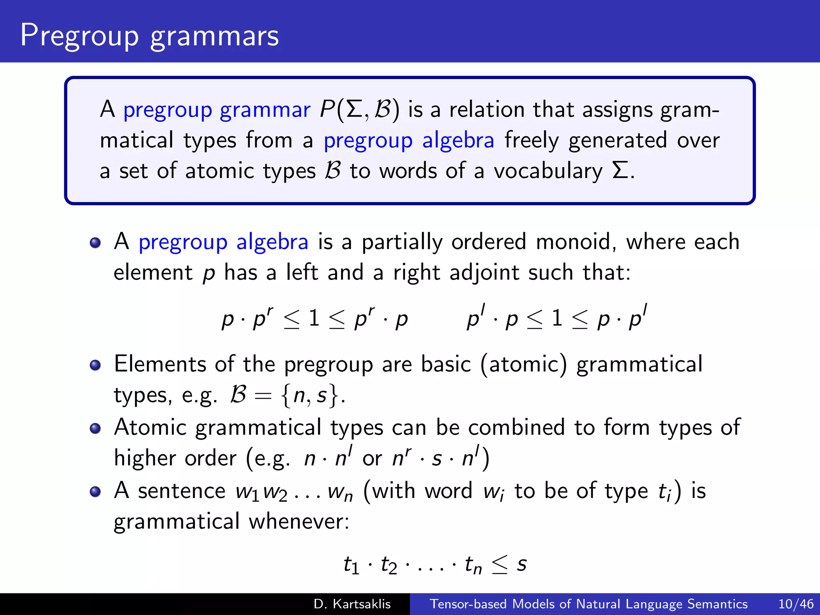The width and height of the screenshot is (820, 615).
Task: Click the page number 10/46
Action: tap(796, 604)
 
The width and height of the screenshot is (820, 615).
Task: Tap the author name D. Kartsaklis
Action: tap(352, 604)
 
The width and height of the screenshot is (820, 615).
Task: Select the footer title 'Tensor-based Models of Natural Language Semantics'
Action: tap(589, 604)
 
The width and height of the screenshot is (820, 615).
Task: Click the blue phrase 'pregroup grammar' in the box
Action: tap(217, 110)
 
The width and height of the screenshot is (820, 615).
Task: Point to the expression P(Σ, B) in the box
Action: tap(360, 110)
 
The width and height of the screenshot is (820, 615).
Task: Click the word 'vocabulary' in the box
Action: tap(548, 171)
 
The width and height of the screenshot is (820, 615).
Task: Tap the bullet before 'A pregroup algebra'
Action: tap(95, 243)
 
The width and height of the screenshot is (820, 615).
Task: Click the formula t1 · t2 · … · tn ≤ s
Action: tap(435, 565)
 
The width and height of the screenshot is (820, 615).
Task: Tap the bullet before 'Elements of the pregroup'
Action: tap(95, 365)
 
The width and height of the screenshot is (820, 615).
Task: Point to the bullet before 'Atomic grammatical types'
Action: tap(95, 428)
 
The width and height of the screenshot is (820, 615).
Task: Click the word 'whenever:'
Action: tap(299, 521)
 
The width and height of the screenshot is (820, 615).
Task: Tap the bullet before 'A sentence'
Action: tap(95, 491)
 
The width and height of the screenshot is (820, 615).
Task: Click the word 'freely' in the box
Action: tap(531, 141)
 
